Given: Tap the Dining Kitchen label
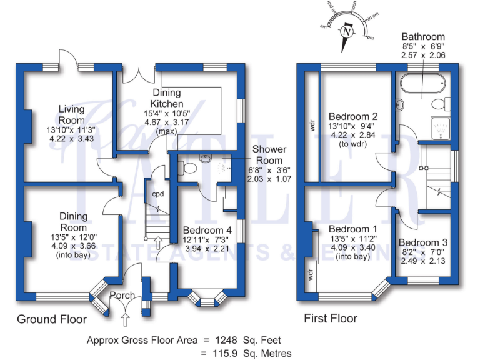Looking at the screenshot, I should [x=167, y=98].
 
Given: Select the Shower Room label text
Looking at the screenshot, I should [x=269, y=154].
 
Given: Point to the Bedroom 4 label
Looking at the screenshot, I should [x=207, y=229].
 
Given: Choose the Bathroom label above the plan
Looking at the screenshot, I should [x=423, y=37].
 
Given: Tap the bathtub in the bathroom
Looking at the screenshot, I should [x=421, y=84].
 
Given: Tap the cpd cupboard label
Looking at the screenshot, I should [x=158, y=194].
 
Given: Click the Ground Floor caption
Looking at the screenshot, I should [x=51, y=319].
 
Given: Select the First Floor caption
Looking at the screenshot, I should [x=331, y=319].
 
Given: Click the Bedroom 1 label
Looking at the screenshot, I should [x=354, y=228].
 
